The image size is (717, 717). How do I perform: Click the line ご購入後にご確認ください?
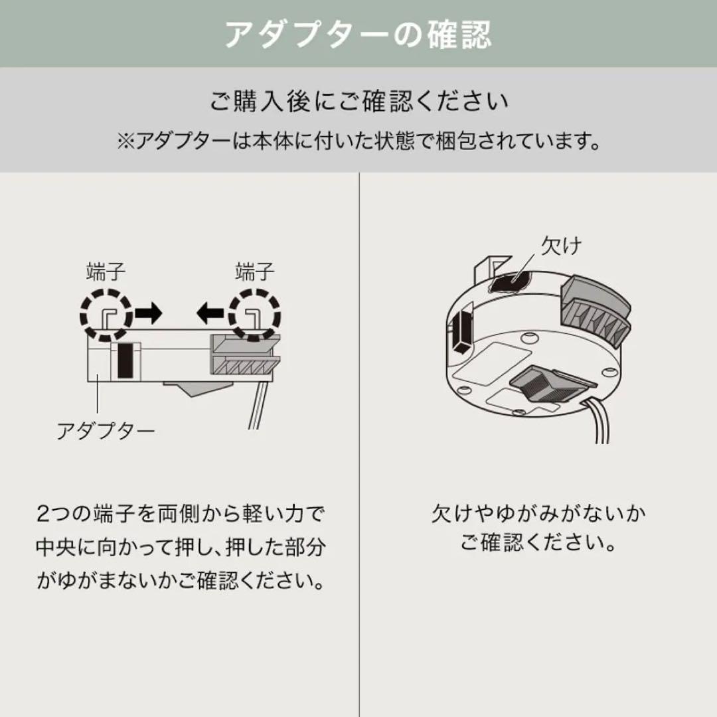pyautogui.click(x=358, y=102)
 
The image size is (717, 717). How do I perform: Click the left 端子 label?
pyautogui.click(x=106, y=272)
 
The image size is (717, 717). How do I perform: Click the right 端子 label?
pyautogui.click(x=255, y=272)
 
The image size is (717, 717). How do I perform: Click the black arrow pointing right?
pyautogui.click(x=148, y=313)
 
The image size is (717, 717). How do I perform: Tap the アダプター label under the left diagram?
pyautogui.click(x=106, y=432)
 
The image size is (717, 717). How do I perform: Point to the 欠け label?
pyautogui.click(x=561, y=246)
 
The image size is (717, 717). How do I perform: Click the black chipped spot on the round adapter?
pyautogui.click(x=511, y=282)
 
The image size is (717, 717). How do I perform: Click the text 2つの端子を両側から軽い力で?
pyautogui.click(x=180, y=515)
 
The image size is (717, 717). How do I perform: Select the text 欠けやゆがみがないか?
pyautogui.click(x=538, y=515)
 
